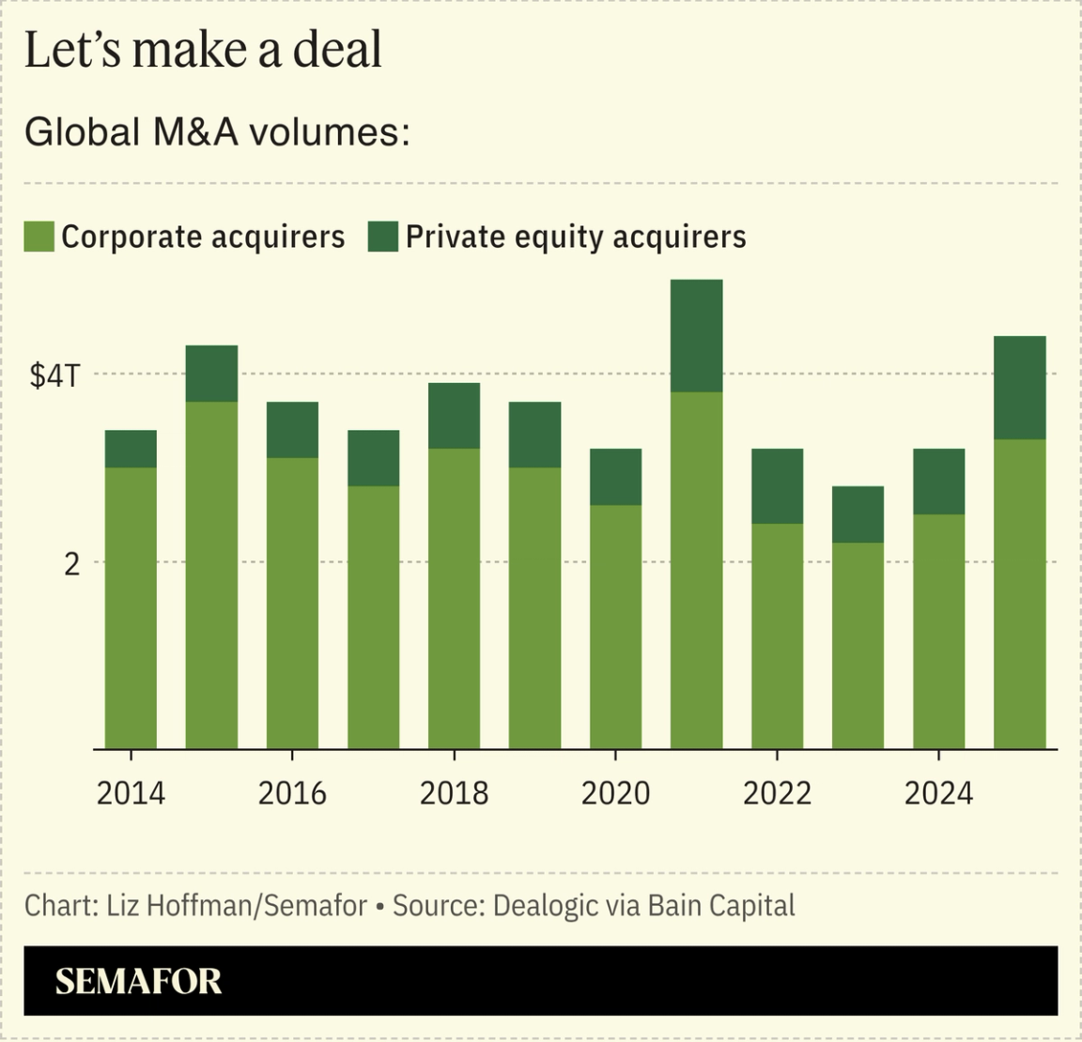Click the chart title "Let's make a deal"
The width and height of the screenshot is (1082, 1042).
pyautogui.click(x=203, y=50)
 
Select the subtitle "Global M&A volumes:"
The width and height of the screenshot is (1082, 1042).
pyautogui.click(x=217, y=132)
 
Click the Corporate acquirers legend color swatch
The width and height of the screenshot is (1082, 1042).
pyautogui.click(x=39, y=237)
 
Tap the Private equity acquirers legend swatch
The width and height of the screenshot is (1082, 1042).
pyautogui.click(x=382, y=237)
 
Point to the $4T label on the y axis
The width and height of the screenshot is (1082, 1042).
pyautogui.click(x=55, y=375)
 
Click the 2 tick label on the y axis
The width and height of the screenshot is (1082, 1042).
pyautogui.click(x=70, y=563)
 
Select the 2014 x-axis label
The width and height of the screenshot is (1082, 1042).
pyautogui.click(x=131, y=793)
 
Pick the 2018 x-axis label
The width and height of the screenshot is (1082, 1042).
pyautogui.click(x=454, y=793)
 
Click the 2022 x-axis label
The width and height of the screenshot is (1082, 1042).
pyautogui.click(x=777, y=793)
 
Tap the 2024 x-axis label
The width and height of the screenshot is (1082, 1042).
pyautogui.click(x=938, y=793)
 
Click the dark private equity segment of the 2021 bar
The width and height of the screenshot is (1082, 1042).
pyautogui.click(x=696, y=335)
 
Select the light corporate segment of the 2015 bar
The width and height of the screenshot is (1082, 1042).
pyautogui.click(x=211, y=575)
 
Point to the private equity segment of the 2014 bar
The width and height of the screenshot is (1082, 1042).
pyautogui.click(x=131, y=449)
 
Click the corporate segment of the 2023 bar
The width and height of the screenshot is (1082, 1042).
pyautogui.click(x=858, y=646)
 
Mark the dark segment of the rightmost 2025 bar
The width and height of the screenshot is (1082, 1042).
pyautogui.click(x=1019, y=387)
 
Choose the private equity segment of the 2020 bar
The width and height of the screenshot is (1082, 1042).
pyautogui.click(x=615, y=477)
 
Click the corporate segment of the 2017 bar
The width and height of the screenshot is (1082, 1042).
pyautogui.click(x=373, y=617)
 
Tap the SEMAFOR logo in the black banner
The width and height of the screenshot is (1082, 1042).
pyautogui.click(x=138, y=982)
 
